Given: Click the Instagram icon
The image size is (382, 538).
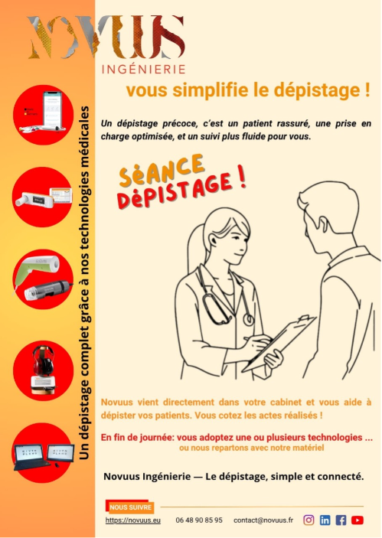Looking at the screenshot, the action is click(309, 520).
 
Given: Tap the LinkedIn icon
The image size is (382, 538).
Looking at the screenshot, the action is click(325, 520).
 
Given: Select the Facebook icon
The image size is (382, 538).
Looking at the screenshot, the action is click(341, 520).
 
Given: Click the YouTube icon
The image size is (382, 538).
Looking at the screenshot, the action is click(358, 520).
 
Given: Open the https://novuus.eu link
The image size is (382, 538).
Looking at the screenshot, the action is click(133, 520).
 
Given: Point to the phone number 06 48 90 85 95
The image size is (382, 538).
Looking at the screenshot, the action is click(199, 520).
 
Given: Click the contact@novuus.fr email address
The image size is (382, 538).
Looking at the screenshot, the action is click(263, 520).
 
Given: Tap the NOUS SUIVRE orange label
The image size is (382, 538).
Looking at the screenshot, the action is click(130, 507).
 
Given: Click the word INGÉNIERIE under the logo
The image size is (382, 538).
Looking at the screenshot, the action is click(143, 70).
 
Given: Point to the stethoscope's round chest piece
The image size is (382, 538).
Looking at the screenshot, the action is click(249, 320).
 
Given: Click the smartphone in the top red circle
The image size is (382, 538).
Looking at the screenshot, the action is click(52, 109).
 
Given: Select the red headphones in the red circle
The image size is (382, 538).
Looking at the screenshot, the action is click(43, 361).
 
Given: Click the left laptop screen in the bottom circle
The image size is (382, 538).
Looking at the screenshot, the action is click(28, 454).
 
